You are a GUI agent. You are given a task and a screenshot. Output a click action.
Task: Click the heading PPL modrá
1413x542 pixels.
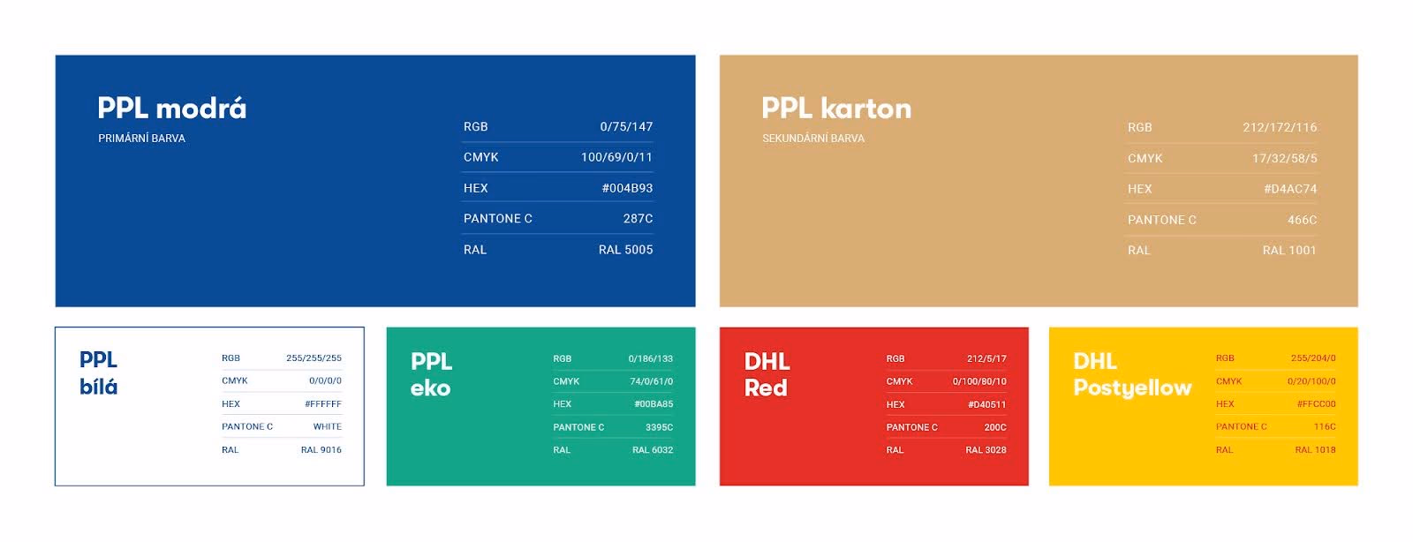[x=171, y=109]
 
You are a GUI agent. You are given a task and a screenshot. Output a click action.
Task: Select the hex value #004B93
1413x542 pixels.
[x=627, y=188]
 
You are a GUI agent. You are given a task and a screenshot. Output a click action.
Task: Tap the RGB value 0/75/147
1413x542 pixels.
[x=626, y=127]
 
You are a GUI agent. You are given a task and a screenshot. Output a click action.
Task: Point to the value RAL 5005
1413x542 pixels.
[x=625, y=250]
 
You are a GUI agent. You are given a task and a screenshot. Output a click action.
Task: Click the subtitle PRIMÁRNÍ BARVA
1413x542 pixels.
[x=141, y=139]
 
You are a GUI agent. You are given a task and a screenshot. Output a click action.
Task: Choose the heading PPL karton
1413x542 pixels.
[x=835, y=109]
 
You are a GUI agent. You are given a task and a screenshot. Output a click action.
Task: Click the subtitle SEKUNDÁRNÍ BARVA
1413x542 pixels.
[x=812, y=139]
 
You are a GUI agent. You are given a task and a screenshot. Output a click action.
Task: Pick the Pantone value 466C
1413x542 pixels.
[x=1302, y=220]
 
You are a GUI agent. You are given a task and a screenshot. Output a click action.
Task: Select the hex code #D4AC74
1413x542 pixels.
[x=1289, y=189]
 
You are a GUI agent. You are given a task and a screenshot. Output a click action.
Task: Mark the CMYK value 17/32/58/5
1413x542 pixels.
[x=1284, y=159]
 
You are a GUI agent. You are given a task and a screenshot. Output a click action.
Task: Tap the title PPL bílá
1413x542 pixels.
[x=98, y=373]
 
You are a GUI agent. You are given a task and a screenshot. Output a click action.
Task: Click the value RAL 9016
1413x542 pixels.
[x=321, y=450]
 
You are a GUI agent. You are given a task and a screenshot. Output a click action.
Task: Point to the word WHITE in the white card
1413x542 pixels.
[x=327, y=427]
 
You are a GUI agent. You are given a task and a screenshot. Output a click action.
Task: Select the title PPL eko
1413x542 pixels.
[x=431, y=374]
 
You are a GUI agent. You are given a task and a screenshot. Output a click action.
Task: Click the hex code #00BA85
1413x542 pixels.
[x=653, y=404]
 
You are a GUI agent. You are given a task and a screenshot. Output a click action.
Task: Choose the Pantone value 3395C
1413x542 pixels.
[x=659, y=427]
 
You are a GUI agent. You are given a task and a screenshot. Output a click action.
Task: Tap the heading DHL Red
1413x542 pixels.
[x=767, y=374]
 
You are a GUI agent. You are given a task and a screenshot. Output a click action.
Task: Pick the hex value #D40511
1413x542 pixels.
[x=986, y=405]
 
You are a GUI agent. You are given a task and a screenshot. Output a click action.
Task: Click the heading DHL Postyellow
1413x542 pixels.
[x=1131, y=374]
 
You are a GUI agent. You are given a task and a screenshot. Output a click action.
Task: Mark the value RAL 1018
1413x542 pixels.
[x=1315, y=450]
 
